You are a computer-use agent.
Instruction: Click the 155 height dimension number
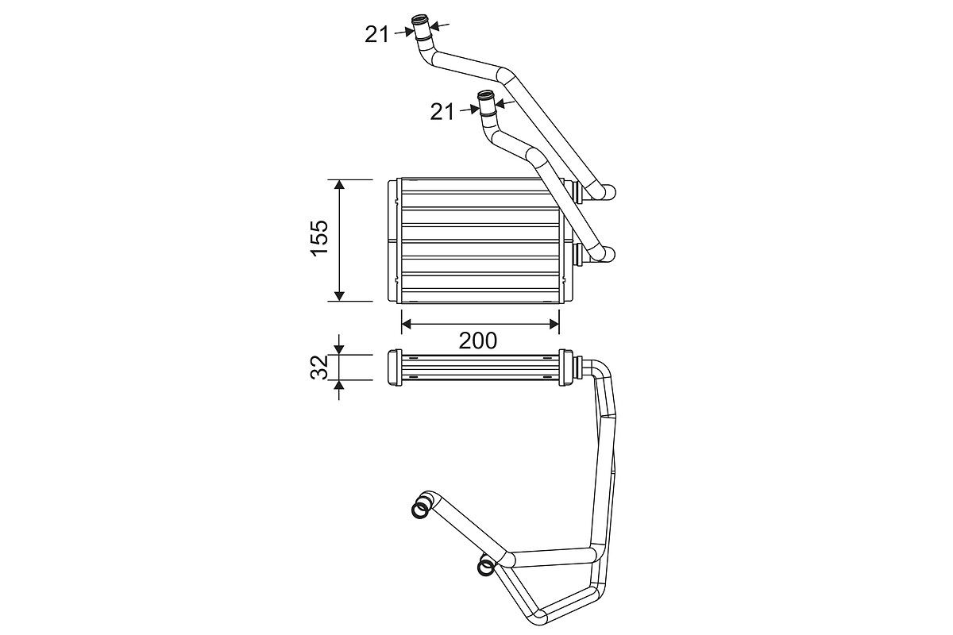pyautogui.click(x=320, y=238)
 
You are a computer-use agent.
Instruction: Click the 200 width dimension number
pyautogui.click(x=478, y=341)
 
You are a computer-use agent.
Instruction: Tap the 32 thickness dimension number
pyautogui.click(x=320, y=367)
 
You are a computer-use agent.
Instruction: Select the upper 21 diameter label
pyautogui.click(x=376, y=34)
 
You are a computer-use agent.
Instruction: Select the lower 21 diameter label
pyautogui.click(x=442, y=112)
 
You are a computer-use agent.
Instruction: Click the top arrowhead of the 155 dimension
pyautogui.click(x=339, y=185)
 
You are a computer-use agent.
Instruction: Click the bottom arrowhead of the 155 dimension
pyautogui.click(x=339, y=296)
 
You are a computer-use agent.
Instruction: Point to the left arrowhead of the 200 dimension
pyautogui.click(x=407, y=325)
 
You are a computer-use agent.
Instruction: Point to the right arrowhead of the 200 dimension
pyautogui.click(x=554, y=325)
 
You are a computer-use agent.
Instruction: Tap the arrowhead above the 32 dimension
pyautogui.click(x=339, y=349)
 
